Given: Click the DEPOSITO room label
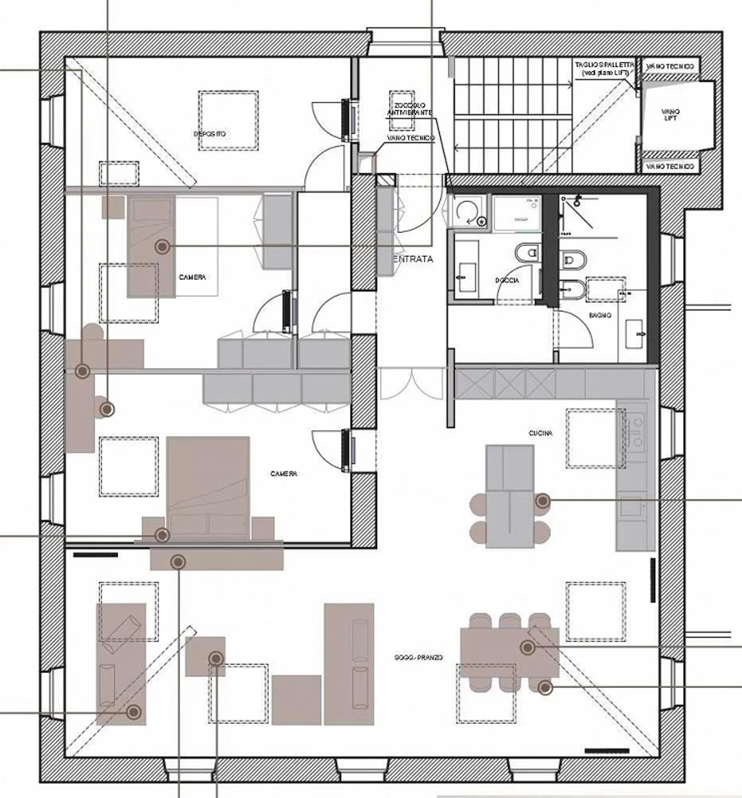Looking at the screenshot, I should point(210,134).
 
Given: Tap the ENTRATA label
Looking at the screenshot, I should point(413,259).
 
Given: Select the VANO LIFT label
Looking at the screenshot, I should point(670,114).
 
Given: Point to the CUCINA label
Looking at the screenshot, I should point(541,434).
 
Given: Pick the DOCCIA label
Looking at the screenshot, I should point(507,280).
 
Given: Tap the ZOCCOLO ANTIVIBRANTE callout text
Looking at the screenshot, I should point(411,109).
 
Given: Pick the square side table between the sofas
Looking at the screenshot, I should point(205,656).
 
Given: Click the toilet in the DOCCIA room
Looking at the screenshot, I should point(527,253).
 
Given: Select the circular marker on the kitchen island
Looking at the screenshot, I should point(542,501).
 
